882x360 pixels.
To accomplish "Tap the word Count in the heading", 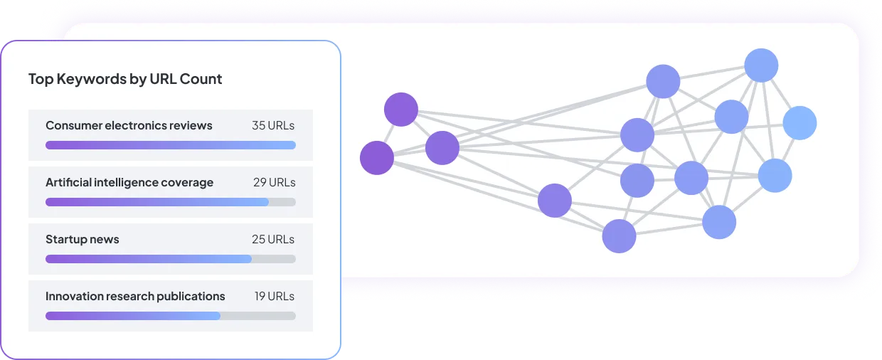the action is [201, 79].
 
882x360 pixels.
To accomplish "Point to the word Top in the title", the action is [41, 80].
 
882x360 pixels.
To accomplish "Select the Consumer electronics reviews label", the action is [129, 125].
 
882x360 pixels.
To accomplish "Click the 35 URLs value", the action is [273, 125].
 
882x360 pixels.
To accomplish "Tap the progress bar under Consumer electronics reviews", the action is [171, 145].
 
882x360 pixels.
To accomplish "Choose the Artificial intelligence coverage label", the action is [129, 182].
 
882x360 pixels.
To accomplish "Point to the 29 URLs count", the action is [274, 182].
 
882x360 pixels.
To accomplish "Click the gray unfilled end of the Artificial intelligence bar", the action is [282, 202].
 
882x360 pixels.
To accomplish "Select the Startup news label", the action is [83, 239].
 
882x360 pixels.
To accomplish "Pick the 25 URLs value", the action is [273, 239].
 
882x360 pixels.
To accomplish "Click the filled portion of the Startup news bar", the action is [149, 259].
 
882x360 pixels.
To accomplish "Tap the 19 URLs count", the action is [274, 296].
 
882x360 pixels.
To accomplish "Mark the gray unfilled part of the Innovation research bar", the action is [258, 316].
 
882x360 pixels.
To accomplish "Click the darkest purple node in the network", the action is [377, 158].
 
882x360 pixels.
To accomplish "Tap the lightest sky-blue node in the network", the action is [799, 123].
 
